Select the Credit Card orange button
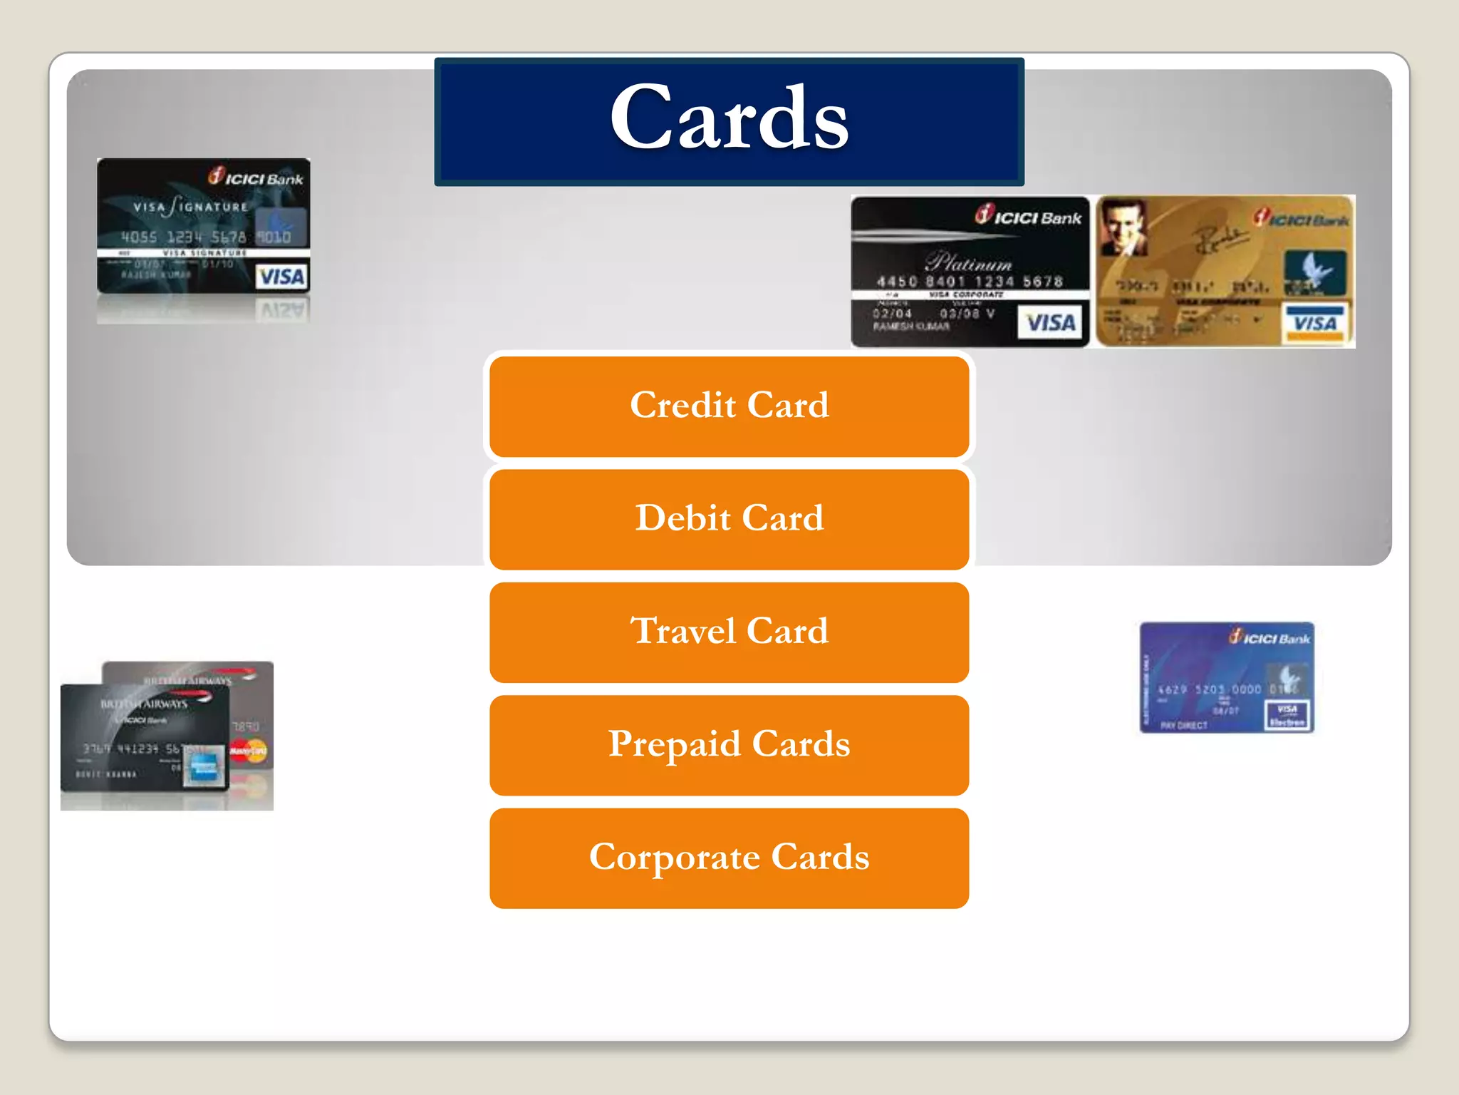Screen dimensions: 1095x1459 click(x=729, y=406)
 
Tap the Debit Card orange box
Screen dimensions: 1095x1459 click(x=729, y=518)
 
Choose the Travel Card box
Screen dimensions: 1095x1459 click(x=729, y=632)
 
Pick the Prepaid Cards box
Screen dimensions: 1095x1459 click(x=729, y=744)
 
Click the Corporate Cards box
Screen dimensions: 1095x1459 click(x=729, y=857)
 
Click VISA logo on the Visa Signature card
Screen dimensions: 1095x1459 click(x=281, y=277)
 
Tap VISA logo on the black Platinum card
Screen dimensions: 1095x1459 click(x=1050, y=324)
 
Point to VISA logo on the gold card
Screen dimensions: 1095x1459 click(x=1315, y=324)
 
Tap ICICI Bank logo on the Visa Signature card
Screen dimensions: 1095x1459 click(x=256, y=177)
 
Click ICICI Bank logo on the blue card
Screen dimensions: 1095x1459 click(x=1270, y=637)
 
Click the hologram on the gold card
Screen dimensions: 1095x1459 click(x=1314, y=271)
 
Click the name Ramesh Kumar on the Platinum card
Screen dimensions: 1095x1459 click(x=911, y=327)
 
